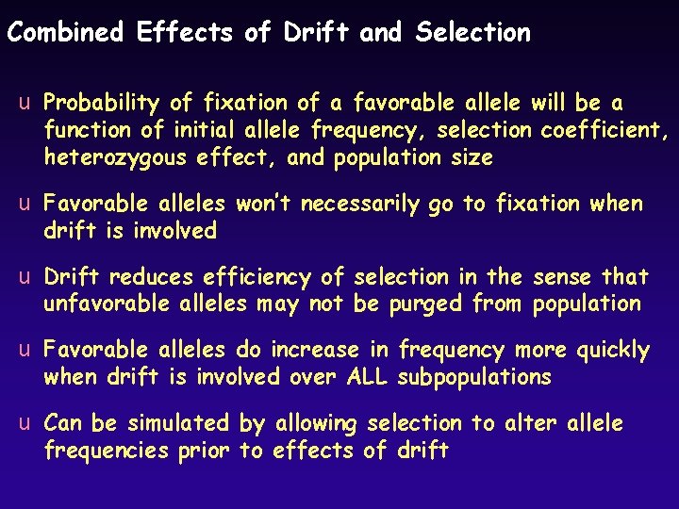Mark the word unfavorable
tap(107, 304)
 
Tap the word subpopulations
tap(474, 377)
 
